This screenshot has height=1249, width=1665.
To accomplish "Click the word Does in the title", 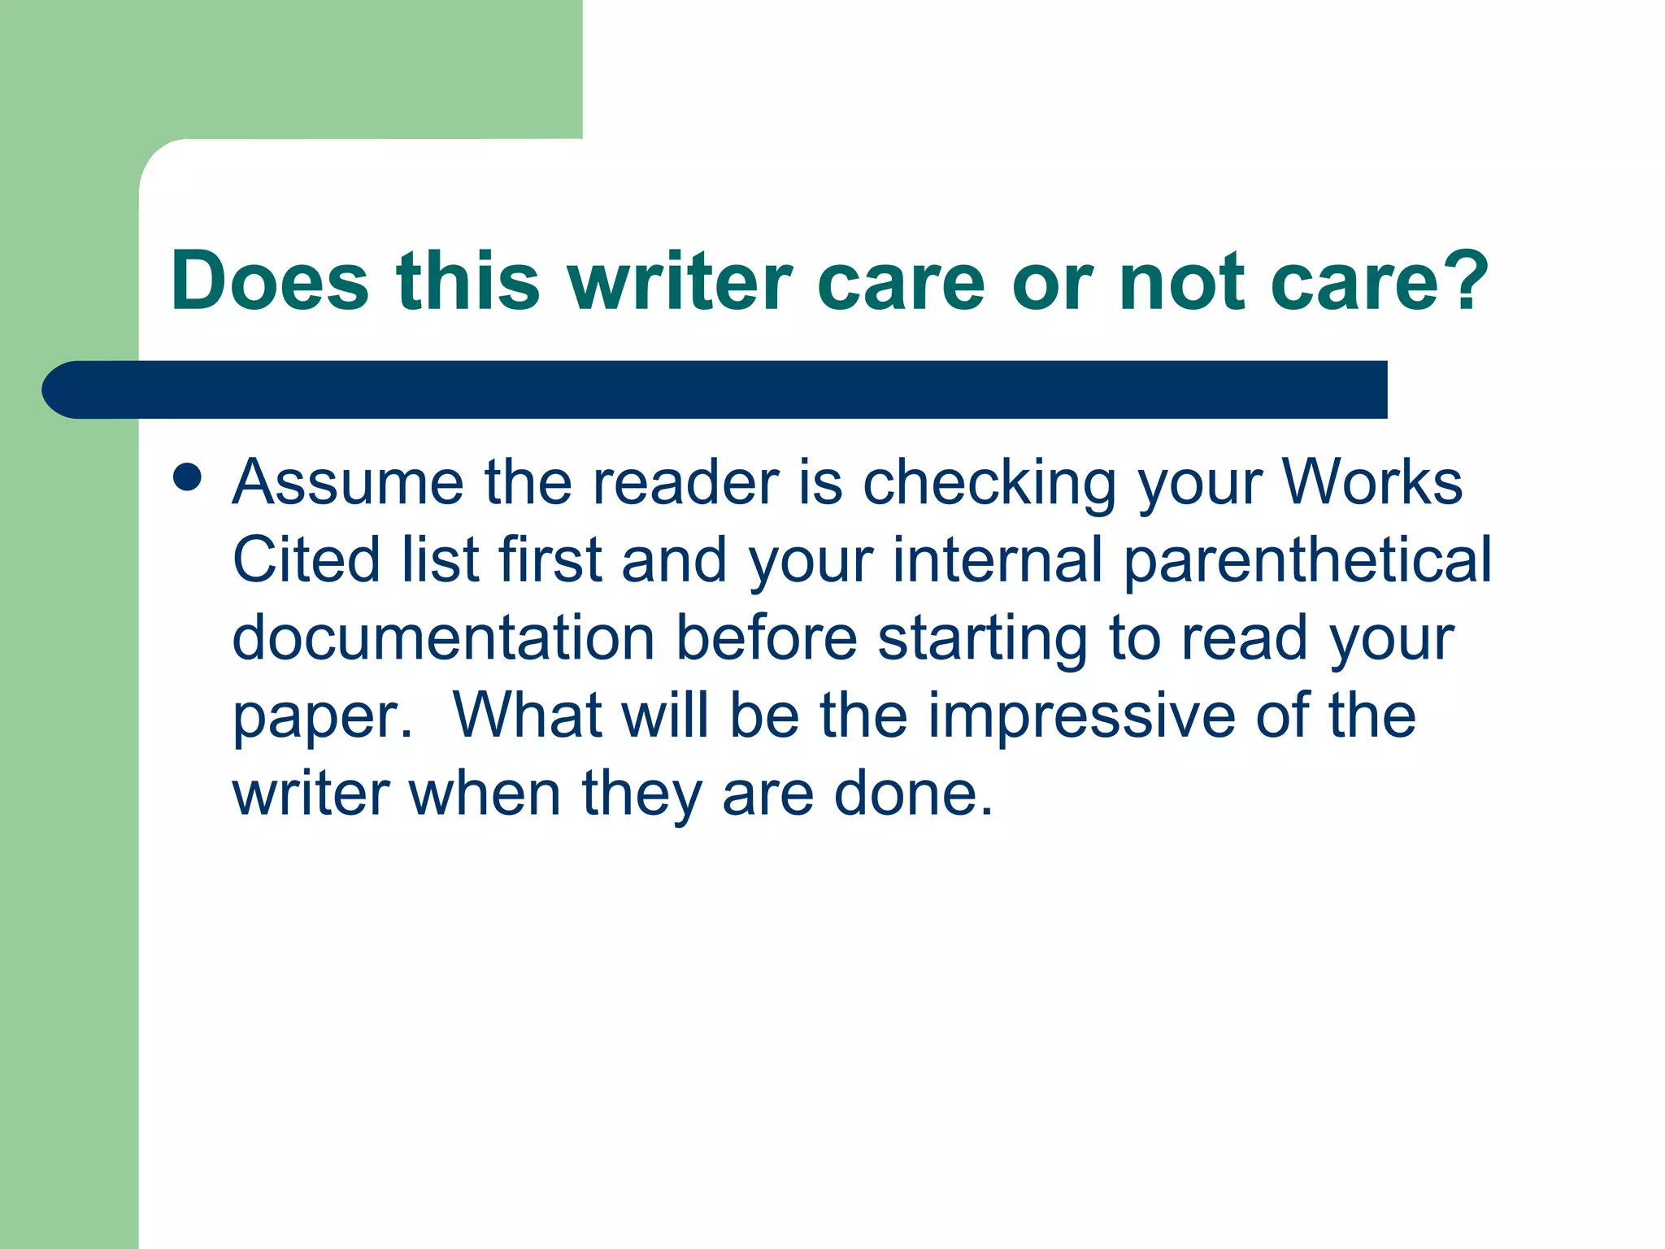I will pos(269,281).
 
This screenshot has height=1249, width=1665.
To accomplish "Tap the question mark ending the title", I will pos(1467,281).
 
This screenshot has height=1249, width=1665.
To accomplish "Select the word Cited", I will pos(306,559).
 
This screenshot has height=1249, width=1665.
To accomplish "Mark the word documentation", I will pos(443,638).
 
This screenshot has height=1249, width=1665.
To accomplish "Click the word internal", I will pos(998,559).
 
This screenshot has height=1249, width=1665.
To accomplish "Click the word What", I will pos(527,715).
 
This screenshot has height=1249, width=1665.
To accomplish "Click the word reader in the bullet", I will pos(685,482).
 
